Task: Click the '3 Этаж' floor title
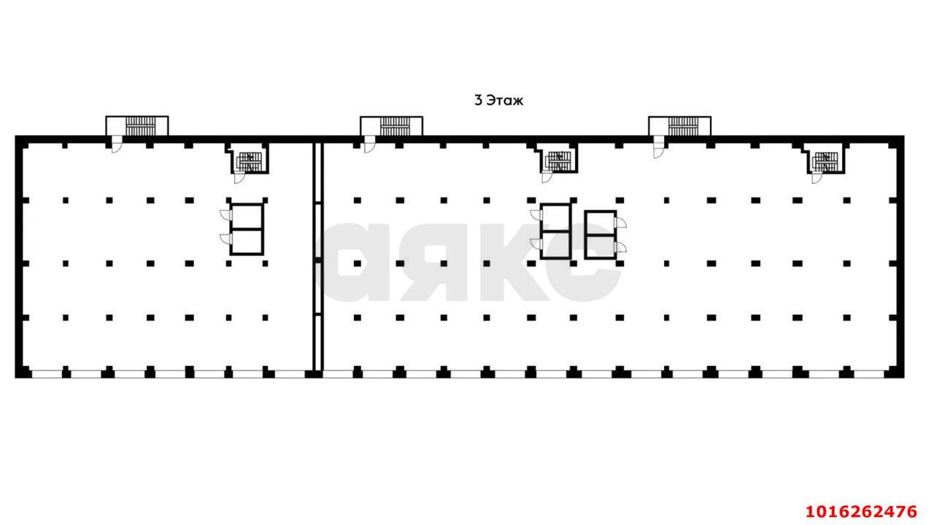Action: (498, 101)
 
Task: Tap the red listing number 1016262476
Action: (862, 511)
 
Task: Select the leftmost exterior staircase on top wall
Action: (137, 126)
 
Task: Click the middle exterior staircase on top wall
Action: (392, 126)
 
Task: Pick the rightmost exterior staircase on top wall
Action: (680, 126)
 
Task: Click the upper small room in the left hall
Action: (247, 217)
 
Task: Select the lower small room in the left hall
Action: (247, 241)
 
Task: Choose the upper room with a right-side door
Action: (601, 223)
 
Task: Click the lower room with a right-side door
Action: (601, 246)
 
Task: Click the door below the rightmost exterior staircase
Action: (658, 147)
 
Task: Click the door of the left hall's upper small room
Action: (225, 215)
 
